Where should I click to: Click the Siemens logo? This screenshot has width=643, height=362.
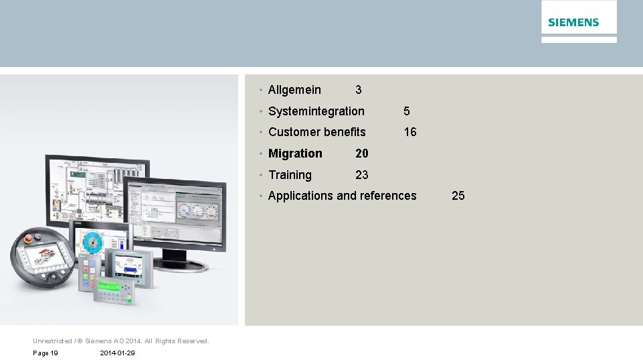pos(573,22)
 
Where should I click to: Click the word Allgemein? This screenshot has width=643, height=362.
pos(294,90)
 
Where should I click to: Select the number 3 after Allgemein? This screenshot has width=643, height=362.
pos(359,90)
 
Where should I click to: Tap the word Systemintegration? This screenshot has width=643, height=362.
pos(316,111)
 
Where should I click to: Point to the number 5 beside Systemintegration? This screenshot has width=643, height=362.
pos(406,111)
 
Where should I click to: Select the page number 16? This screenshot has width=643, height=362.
pos(409,132)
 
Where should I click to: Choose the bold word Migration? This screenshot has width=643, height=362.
pos(295,154)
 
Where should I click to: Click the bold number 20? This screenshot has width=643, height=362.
pos(361,154)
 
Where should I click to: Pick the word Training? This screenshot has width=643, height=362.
pos(290,175)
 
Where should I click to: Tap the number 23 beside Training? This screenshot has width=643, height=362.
pos(361,175)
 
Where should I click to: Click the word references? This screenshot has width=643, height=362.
pos(388,196)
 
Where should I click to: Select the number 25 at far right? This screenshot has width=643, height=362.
pos(458,196)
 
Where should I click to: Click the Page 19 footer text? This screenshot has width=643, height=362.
pos(45,353)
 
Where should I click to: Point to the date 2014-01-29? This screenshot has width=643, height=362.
pos(117,353)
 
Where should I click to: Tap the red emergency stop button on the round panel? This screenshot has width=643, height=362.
pos(29,238)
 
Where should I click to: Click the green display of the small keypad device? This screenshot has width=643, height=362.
pos(107,287)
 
